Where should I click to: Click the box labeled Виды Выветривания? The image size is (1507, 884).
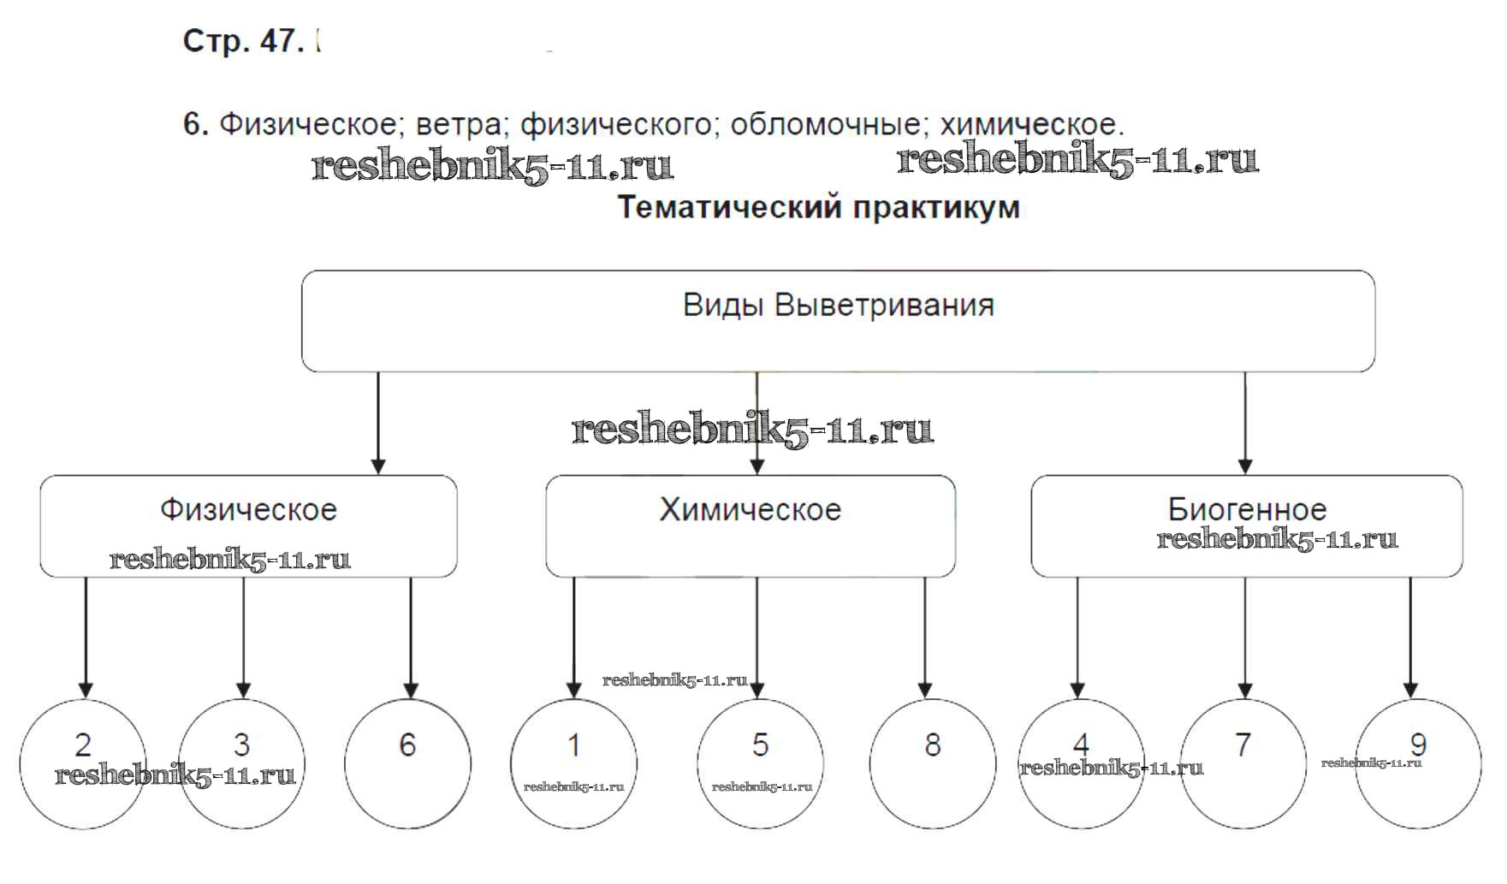pyautogui.click(x=838, y=321)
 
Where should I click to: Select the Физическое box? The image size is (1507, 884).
pyautogui.click(x=248, y=525)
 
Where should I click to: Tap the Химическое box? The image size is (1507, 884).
pyautogui.click(x=751, y=525)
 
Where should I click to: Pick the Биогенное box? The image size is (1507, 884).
pyautogui.click(x=1246, y=525)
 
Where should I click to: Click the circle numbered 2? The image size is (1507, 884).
pyautogui.click(x=83, y=763)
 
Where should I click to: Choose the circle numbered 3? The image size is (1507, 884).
pyautogui.click(x=242, y=763)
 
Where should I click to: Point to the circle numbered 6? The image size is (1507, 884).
pyautogui.click(x=407, y=763)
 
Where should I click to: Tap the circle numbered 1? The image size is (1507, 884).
pyautogui.click(x=573, y=763)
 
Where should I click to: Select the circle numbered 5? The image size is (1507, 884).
pyautogui.click(x=760, y=763)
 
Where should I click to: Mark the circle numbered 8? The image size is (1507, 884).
pyautogui.click(x=933, y=763)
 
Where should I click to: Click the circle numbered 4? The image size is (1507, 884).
pyautogui.click(x=1081, y=763)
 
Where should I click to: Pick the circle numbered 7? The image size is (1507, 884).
pyautogui.click(x=1243, y=763)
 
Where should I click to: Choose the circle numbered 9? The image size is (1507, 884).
pyautogui.click(x=1418, y=763)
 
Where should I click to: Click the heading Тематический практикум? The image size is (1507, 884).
pyautogui.click(x=819, y=208)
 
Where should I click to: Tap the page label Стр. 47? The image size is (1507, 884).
pyautogui.click(x=243, y=41)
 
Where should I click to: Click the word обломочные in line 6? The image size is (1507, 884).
pyautogui.click(x=826, y=125)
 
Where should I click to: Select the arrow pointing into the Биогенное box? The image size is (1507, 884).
pyautogui.click(x=1245, y=424)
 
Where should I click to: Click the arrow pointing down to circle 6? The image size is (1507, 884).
pyautogui.click(x=411, y=638)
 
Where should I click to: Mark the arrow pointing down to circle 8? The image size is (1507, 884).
pyautogui.click(x=924, y=638)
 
